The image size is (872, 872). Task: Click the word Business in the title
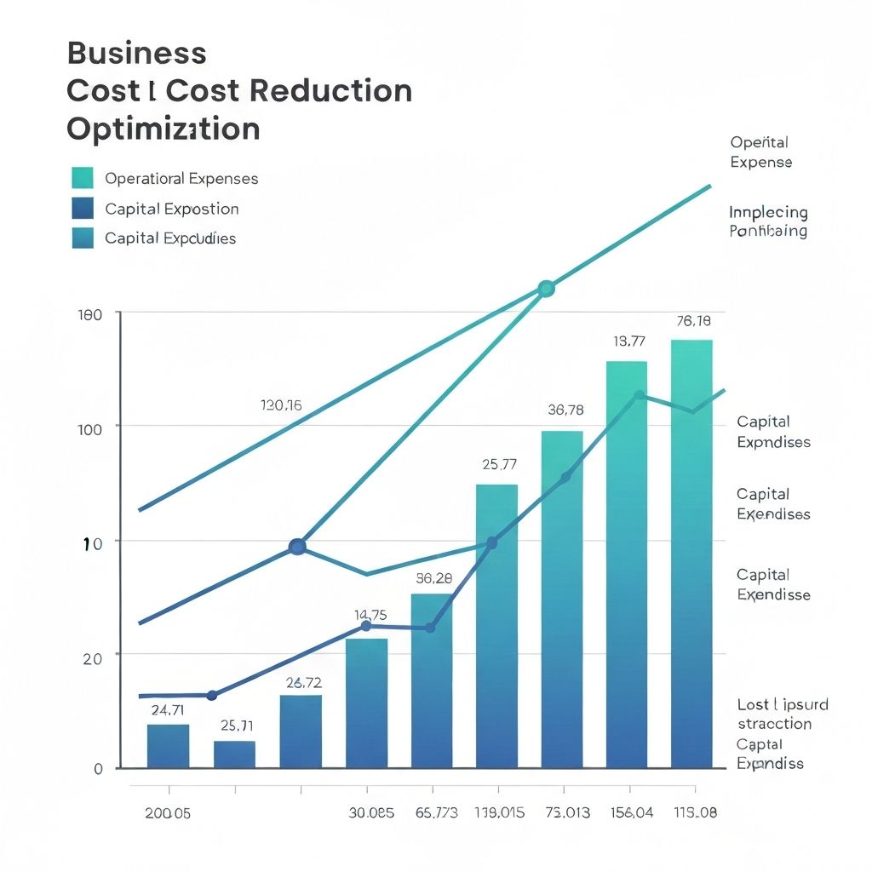tap(136, 53)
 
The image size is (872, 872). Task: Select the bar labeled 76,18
tap(691, 554)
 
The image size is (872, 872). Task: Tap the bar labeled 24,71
tap(168, 746)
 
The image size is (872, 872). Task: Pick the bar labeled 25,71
tap(234, 754)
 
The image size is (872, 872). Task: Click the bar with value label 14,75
tap(366, 703)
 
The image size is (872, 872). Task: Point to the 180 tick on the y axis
tap(90, 314)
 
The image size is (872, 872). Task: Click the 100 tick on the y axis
tap(89, 427)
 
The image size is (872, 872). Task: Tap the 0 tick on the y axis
tap(98, 769)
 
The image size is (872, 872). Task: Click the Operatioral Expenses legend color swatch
tap(83, 178)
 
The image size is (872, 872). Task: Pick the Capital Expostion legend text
tap(171, 209)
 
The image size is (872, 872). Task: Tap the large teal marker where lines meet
tap(547, 289)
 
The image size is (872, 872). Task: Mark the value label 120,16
tap(281, 405)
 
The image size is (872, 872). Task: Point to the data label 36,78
tap(565, 410)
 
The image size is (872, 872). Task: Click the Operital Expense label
tap(760, 152)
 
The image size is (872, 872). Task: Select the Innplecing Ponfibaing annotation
tap(768, 221)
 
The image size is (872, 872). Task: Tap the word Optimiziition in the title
tap(163, 129)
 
